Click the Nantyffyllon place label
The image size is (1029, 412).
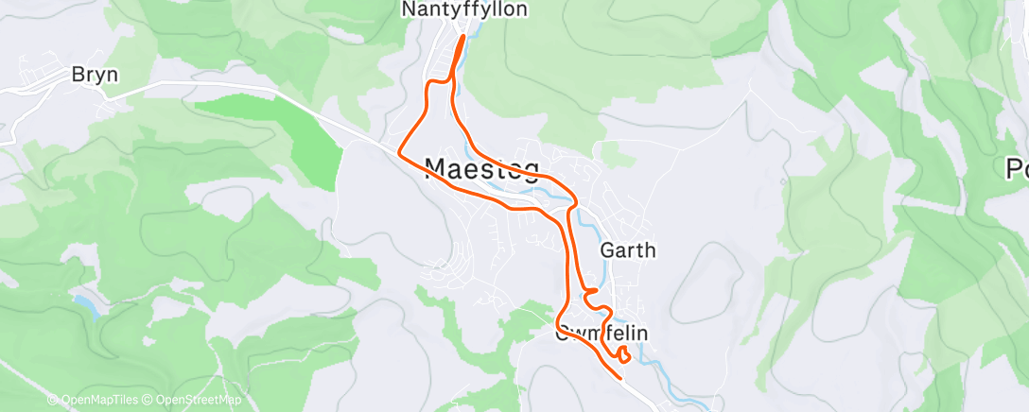tap(464, 9)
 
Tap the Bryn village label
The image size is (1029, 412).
tap(95, 75)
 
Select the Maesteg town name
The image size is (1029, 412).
tap(482, 169)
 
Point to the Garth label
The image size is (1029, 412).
tap(627, 250)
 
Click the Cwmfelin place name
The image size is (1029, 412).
tap(592, 333)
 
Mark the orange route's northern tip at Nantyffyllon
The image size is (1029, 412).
tap(462, 38)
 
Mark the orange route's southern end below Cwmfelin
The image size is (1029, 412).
tap(619, 377)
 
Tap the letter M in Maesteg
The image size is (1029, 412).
tap(437, 169)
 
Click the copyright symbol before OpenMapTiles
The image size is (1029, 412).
tap(52, 401)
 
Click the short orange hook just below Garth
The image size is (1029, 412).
tap(590, 293)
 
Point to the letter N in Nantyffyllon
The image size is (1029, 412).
tap(409, 9)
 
